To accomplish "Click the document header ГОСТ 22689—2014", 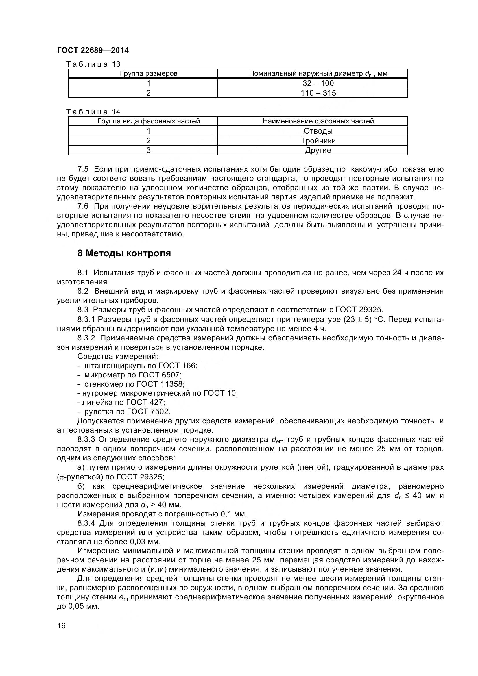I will pyautogui.click(x=93, y=51).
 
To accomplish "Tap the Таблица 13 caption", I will pyautogui.click(x=93, y=64).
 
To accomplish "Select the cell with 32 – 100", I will pyautogui.click(x=318, y=83).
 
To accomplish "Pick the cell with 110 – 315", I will pyautogui.click(x=318, y=93).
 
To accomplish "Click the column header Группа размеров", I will pyautogui.click(x=148, y=74).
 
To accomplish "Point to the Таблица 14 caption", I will pyautogui.click(x=93, y=112).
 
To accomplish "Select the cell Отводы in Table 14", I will pyautogui.click(x=318, y=131).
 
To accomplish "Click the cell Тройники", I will pyautogui.click(x=318, y=141).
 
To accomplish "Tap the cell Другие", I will pyautogui.click(x=318, y=151).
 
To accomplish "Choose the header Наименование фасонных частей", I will pyautogui.click(x=318, y=121).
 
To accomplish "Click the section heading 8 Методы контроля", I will pyautogui.click(x=124, y=253).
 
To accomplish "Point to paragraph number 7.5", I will pyautogui.click(x=83, y=169).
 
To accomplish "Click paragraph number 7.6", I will pyautogui.click(x=83, y=206).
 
